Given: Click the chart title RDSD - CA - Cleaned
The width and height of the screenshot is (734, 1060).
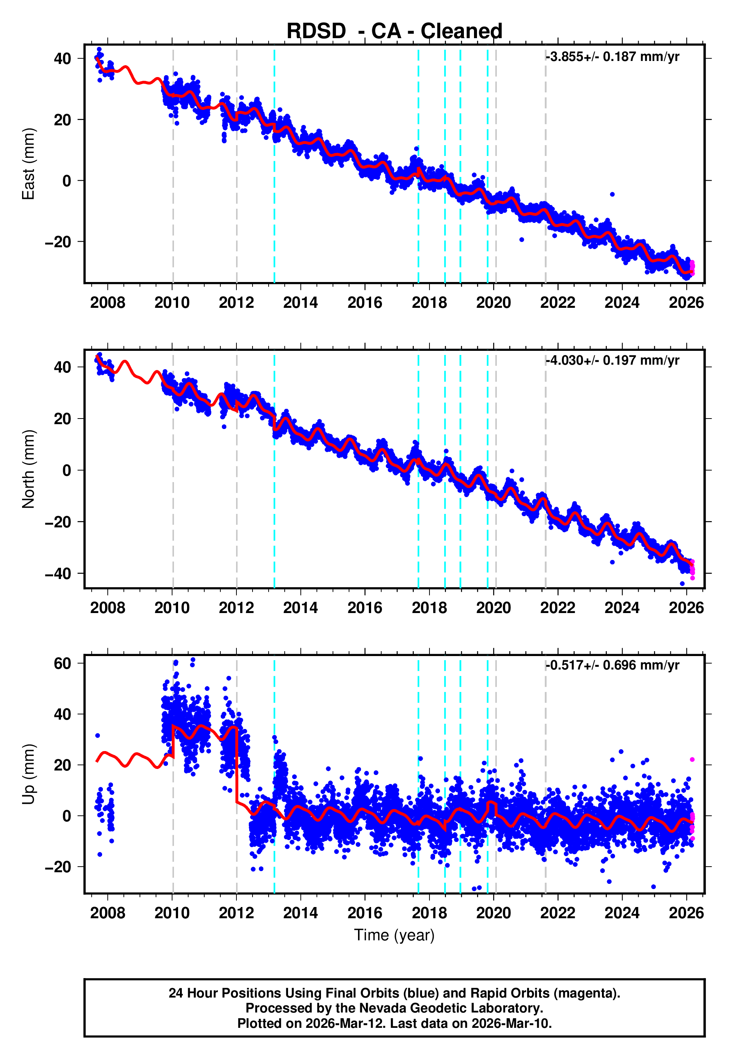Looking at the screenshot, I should (x=394, y=31).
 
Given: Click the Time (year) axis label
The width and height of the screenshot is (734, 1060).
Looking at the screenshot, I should (x=394, y=935).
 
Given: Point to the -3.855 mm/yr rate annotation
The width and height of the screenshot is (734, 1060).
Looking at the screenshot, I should (x=612, y=57).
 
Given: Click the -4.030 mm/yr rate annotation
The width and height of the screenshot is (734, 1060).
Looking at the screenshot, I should (x=612, y=361).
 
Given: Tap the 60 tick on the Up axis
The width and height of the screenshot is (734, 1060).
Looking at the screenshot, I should (x=62, y=663).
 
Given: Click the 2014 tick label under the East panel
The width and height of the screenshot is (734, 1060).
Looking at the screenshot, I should (x=300, y=303).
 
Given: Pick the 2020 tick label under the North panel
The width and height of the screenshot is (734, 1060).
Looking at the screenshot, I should (x=493, y=608).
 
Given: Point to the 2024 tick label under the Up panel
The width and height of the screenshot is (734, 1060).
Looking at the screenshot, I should (x=622, y=913).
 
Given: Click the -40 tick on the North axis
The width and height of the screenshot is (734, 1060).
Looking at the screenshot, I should (x=58, y=574).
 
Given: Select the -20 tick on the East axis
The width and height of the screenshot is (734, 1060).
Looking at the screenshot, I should (x=58, y=242).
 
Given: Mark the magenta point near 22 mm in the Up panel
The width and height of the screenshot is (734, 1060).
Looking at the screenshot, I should (x=692, y=760).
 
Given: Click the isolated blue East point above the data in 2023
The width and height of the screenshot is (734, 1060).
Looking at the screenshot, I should (x=612, y=194).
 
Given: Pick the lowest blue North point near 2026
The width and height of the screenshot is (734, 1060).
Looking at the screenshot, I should (x=682, y=584).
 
